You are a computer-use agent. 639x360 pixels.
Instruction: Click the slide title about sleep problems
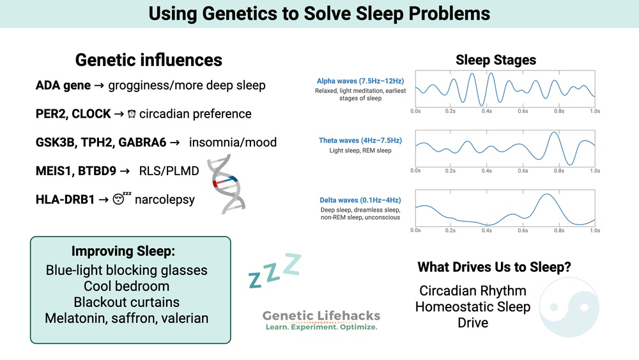click(x=319, y=13)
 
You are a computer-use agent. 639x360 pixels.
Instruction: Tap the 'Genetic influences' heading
click(x=149, y=60)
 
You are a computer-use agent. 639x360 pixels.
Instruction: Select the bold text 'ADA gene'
click(x=63, y=86)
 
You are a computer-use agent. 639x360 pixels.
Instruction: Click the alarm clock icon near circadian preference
click(x=131, y=114)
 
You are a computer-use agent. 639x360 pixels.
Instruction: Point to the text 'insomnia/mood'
click(x=233, y=142)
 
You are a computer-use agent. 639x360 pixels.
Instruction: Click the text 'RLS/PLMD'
click(x=167, y=171)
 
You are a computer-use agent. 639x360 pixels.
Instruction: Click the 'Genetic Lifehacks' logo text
click(x=321, y=315)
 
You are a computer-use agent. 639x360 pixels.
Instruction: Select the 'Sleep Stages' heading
click(x=496, y=60)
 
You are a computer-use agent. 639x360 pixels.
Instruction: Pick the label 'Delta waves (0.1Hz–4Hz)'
click(x=360, y=201)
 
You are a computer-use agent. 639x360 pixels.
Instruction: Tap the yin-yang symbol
click(x=569, y=306)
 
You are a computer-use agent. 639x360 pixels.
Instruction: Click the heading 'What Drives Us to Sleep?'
click(x=495, y=267)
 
